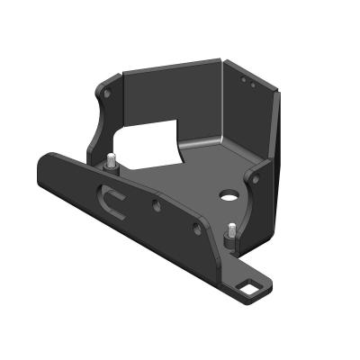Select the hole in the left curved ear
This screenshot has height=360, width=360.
point(107,93)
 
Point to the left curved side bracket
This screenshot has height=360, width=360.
point(103,117)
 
